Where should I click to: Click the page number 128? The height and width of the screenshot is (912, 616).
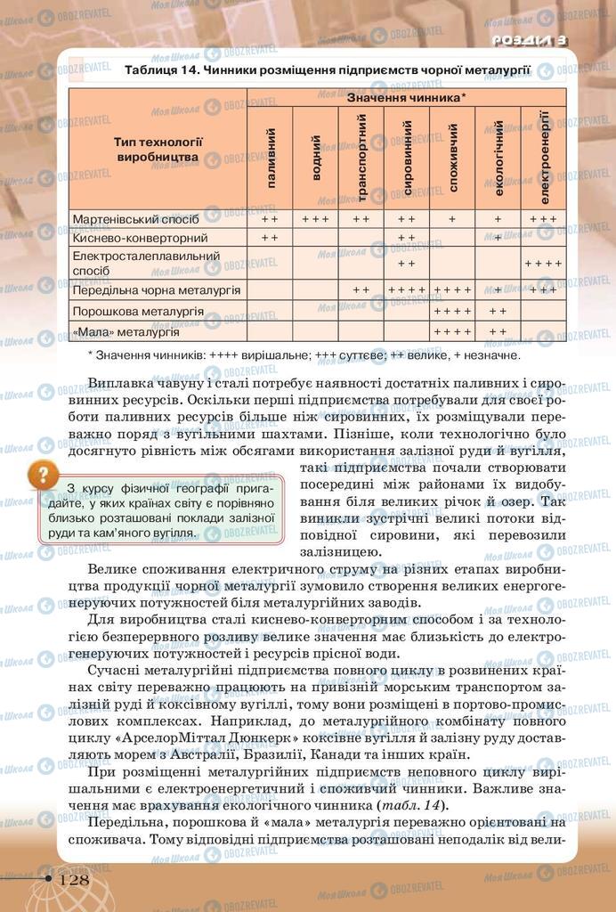coord(74,879)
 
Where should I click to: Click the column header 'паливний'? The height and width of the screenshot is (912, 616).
coord(271,158)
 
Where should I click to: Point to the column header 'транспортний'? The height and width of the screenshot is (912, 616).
coord(361,158)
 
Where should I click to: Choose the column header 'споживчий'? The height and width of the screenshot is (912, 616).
coord(452,158)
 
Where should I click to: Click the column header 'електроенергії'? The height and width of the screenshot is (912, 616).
coord(543,158)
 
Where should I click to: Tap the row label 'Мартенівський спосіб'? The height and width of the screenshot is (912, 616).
coord(135,217)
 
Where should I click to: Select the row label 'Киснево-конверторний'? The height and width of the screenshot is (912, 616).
coord(141,238)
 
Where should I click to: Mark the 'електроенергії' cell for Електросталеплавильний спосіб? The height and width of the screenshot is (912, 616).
coord(543,264)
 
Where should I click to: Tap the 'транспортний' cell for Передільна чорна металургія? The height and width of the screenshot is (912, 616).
coord(361,289)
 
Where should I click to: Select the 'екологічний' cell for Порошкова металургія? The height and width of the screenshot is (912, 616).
coord(498,312)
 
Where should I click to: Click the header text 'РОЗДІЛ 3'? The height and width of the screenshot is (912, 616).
coord(530,40)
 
